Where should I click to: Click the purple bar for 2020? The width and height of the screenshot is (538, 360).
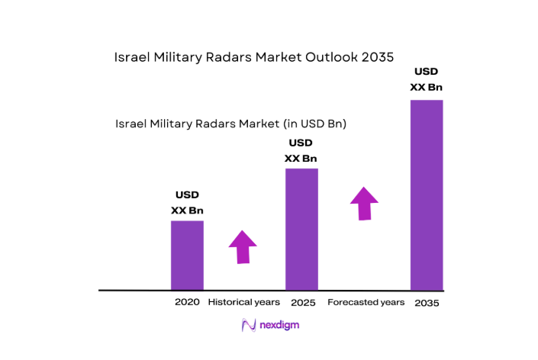pos(187,255)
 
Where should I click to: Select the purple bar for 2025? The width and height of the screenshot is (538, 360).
pos(301,229)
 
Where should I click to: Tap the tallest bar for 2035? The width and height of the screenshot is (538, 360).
pos(427,194)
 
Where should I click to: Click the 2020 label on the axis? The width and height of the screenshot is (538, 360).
pos(187,302)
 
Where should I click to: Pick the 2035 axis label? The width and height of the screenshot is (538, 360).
pos(427,303)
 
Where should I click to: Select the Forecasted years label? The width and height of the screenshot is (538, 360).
pos(366,302)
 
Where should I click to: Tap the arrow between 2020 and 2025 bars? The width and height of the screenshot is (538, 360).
pos(243,246)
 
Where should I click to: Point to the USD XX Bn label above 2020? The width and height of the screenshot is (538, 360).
pos(188,203)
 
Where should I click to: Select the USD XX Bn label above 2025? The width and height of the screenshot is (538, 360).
pos(301,150)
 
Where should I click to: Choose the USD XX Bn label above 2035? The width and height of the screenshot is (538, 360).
pos(426,79)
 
